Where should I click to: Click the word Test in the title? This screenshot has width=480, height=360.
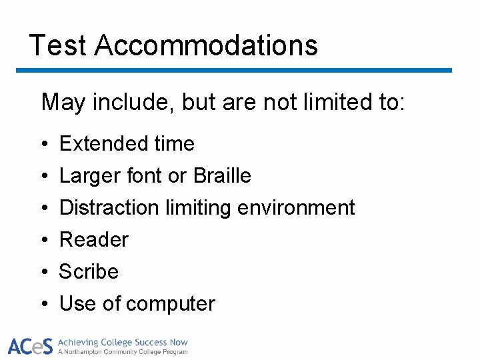58,45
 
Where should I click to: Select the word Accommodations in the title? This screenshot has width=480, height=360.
206,45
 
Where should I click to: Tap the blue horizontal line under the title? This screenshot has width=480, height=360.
233,70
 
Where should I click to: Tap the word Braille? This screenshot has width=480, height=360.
222,175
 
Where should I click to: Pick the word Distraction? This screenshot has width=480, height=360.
109,207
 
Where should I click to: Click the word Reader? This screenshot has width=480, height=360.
94,239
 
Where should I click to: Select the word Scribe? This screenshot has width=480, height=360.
89,271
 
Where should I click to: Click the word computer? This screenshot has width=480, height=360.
170,304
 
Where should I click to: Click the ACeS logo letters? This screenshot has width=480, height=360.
30,346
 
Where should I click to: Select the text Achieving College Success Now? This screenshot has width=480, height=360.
123,342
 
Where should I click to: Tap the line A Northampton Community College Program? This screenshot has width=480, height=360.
123,351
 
